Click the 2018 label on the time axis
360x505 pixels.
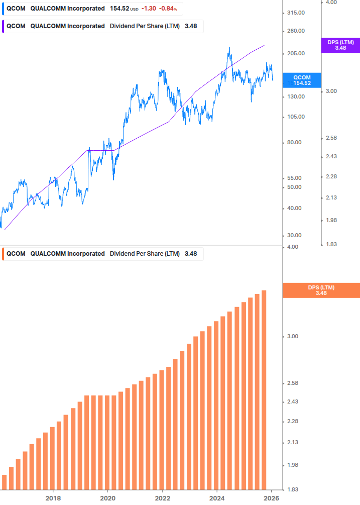(53, 498)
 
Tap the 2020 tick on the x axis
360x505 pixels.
(108, 498)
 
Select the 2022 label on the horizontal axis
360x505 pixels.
(163, 498)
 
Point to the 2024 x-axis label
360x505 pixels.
(217, 498)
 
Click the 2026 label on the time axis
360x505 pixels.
(272, 498)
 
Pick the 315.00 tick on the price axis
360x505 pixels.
(295, 13)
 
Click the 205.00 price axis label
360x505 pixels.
(295, 54)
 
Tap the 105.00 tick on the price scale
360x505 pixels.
(295, 117)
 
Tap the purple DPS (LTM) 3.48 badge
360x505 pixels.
(340, 45)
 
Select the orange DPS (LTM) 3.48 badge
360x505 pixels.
(321, 290)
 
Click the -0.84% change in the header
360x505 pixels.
(168, 9)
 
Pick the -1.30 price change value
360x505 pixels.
(149, 9)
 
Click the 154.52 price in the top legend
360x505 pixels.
(119, 9)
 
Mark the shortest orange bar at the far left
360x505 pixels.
(5, 482)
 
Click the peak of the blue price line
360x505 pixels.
(229, 48)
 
